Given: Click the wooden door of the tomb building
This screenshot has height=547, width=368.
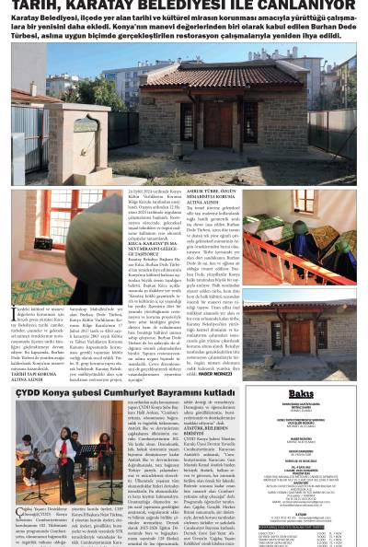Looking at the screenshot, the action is click(250, 119).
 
